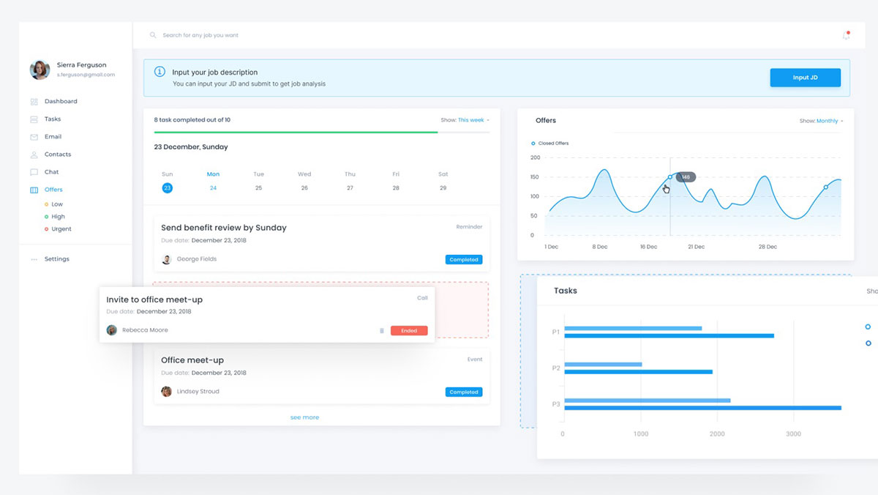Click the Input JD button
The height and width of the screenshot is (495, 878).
pos(805,78)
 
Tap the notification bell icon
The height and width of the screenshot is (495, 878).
pos(846,35)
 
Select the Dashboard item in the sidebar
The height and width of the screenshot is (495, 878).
pos(61,102)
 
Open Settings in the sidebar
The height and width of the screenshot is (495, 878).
pos(56,259)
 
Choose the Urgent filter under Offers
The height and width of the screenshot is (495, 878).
pos(61,229)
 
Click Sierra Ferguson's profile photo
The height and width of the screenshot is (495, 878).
pos(40,70)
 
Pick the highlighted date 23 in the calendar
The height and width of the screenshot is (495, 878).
pos(168,188)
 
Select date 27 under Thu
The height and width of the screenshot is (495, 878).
pos(350,188)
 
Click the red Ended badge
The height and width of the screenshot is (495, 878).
pos(409,331)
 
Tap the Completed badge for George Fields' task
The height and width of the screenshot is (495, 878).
pos(464,260)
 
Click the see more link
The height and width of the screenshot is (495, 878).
pos(304,417)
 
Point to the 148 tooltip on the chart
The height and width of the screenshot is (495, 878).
pos(686,177)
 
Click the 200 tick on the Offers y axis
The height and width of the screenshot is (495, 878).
pos(535,157)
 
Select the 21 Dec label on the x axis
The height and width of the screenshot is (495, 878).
pos(696,247)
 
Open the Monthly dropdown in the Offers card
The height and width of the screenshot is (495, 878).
pos(829,121)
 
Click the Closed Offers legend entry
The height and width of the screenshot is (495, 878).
pos(552,144)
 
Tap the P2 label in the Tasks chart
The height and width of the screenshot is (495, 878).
pos(556,368)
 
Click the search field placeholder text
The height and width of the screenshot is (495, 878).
pos(200,35)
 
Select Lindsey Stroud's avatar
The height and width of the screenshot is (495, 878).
pos(167,392)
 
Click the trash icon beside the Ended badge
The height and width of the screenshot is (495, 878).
pos(381,331)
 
